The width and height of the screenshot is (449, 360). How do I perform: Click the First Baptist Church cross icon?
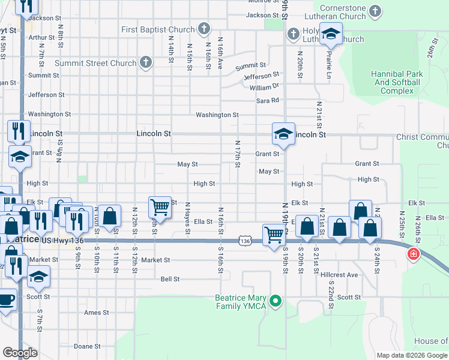click(x=204, y=29)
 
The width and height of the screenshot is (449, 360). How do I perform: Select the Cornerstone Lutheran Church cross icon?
click(x=375, y=11)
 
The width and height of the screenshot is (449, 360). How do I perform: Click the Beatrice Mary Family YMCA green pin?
click(x=276, y=301)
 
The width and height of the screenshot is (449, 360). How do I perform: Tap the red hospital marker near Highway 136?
click(x=413, y=254)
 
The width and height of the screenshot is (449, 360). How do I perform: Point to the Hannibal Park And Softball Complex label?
click(x=397, y=83)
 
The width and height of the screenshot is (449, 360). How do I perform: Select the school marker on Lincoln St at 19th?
click(x=283, y=134)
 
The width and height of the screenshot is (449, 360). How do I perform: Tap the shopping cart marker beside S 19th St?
click(x=274, y=234)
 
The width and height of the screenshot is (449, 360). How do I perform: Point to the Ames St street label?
click(x=96, y=313)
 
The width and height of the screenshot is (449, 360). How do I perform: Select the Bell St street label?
click(x=170, y=279)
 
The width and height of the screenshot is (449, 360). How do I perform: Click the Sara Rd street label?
click(x=268, y=101)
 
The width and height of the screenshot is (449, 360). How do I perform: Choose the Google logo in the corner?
click(x=19, y=353)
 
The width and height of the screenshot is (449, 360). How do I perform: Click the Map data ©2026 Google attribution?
click(x=411, y=355)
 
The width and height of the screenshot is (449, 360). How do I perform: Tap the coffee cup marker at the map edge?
click(x=6, y=299)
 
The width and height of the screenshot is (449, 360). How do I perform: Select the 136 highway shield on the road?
click(x=244, y=241)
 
